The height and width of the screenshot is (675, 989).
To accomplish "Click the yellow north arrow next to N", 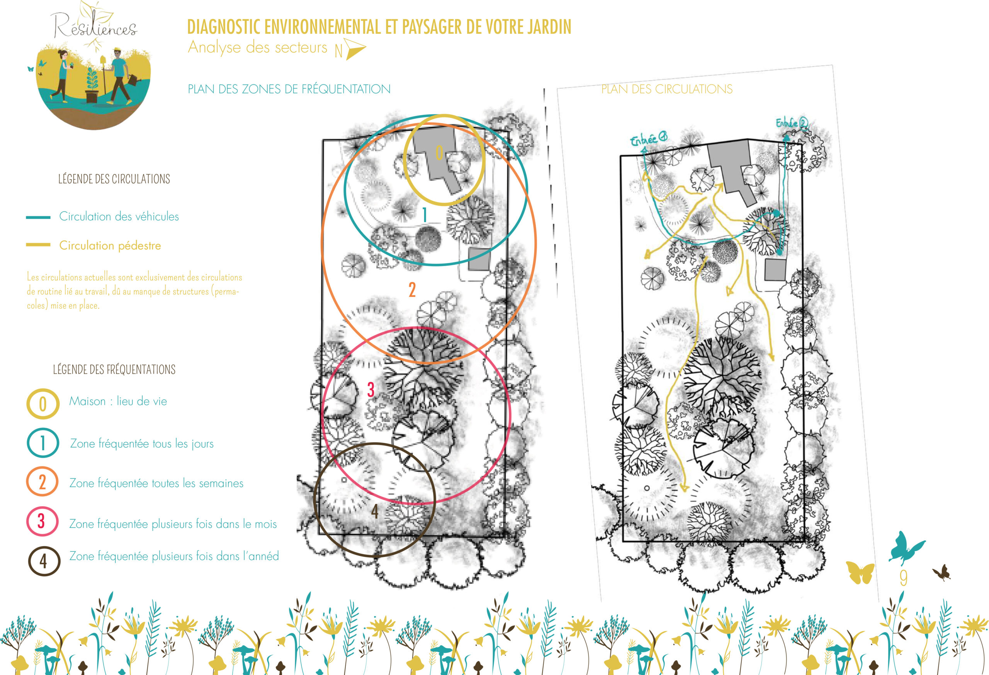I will point(355,49).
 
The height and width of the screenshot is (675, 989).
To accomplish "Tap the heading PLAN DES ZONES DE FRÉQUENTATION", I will point(289,89).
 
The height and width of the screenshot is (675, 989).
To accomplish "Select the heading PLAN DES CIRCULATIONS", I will point(666,89).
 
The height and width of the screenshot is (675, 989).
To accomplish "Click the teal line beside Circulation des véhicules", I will point(38,217).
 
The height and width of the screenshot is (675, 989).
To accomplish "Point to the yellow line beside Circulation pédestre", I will point(38,244).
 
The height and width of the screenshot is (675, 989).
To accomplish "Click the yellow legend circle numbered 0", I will point(43,404).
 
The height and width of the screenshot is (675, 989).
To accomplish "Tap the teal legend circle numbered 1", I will point(43,443).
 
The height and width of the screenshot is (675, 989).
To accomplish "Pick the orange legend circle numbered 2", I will point(42,482).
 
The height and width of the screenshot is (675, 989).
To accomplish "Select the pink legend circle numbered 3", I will point(42,521).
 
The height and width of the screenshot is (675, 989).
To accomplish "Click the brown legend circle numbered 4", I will point(44,561).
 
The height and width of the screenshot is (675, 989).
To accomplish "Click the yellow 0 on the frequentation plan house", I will point(439,153).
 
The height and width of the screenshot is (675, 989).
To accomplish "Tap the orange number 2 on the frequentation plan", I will point(412,290).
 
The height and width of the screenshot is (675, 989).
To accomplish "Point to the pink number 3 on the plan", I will point(370,390).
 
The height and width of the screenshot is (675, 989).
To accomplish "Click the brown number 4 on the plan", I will point(374,511).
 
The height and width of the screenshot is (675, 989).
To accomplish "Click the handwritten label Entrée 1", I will point(648,139).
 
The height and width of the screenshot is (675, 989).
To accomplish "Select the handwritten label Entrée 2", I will point(791,123).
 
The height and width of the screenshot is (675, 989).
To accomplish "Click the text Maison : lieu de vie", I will point(118,401).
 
